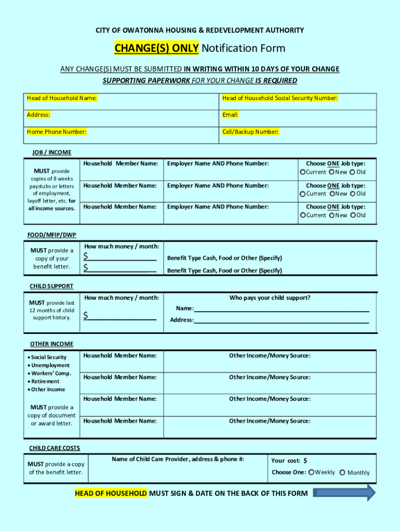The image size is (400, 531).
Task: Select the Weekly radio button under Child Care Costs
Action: (x=311, y=472)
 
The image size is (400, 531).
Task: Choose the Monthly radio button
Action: (x=342, y=472)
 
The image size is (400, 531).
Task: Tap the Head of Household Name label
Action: (x=62, y=98)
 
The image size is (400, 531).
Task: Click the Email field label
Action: (x=230, y=115)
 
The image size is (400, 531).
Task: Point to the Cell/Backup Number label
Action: (x=250, y=132)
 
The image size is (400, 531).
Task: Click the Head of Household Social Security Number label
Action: (x=280, y=98)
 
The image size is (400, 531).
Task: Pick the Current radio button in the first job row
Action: (x=302, y=172)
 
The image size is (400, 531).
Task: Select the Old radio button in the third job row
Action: (x=353, y=215)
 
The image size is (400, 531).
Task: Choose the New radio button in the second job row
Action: (x=331, y=194)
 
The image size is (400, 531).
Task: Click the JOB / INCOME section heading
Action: (x=51, y=152)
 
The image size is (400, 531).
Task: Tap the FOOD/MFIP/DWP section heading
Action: (x=51, y=235)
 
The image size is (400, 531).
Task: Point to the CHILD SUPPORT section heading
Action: (x=51, y=286)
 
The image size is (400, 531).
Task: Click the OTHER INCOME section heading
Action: (x=51, y=344)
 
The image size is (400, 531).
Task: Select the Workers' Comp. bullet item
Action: (x=51, y=373)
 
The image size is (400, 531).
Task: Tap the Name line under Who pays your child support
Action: (x=281, y=309)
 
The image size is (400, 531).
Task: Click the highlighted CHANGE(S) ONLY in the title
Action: (x=156, y=48)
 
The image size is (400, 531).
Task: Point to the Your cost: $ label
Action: (x=289, y=460)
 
